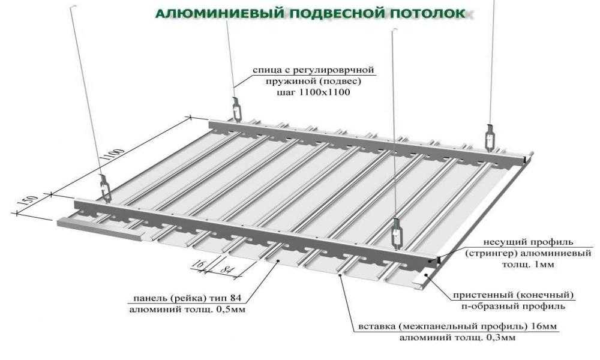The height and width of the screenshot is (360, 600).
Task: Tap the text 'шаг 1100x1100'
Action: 313,93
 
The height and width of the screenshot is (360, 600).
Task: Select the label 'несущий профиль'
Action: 529,242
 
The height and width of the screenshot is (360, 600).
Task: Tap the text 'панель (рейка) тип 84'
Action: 187,298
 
